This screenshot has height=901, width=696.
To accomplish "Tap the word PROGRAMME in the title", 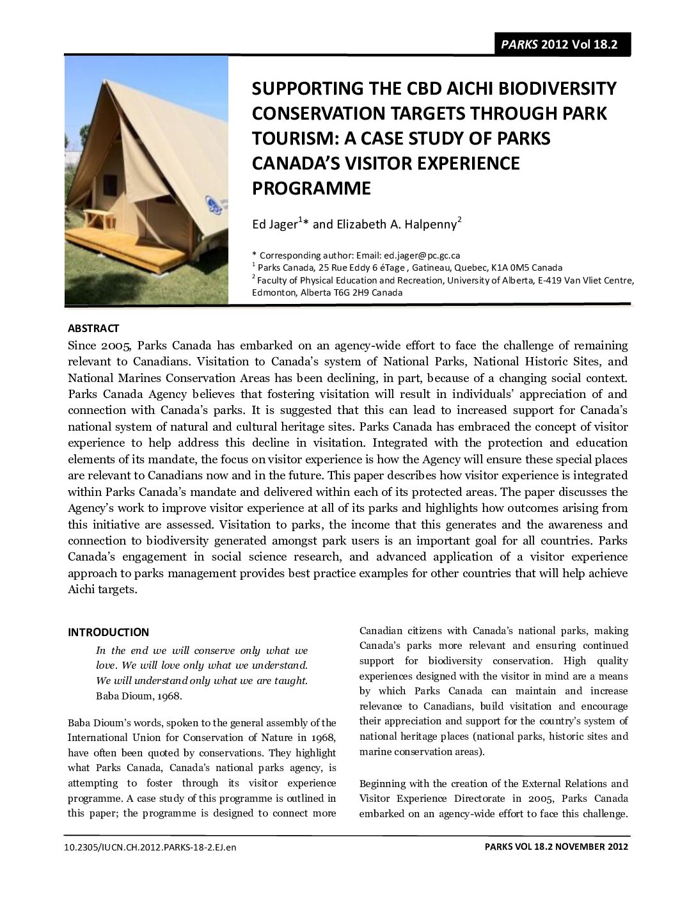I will [311, 189].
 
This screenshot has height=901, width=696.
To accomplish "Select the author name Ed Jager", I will [274, 225].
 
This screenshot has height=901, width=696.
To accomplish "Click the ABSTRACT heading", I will [93, 328].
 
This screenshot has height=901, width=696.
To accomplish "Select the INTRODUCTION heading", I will [108, 632].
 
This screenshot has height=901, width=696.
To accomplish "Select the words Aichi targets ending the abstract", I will [102, 589].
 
